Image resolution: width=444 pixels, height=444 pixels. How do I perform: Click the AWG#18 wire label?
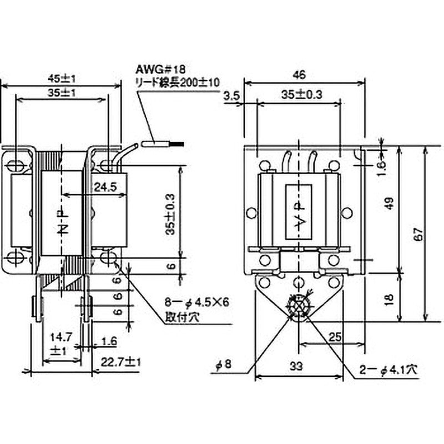[x=155, y=70]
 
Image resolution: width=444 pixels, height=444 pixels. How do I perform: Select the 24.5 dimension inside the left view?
[x=105, y=187]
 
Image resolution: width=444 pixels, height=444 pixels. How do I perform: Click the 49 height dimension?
[x=390, y=204]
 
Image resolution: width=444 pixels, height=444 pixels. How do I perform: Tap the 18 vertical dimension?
[x=390, y=298]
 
